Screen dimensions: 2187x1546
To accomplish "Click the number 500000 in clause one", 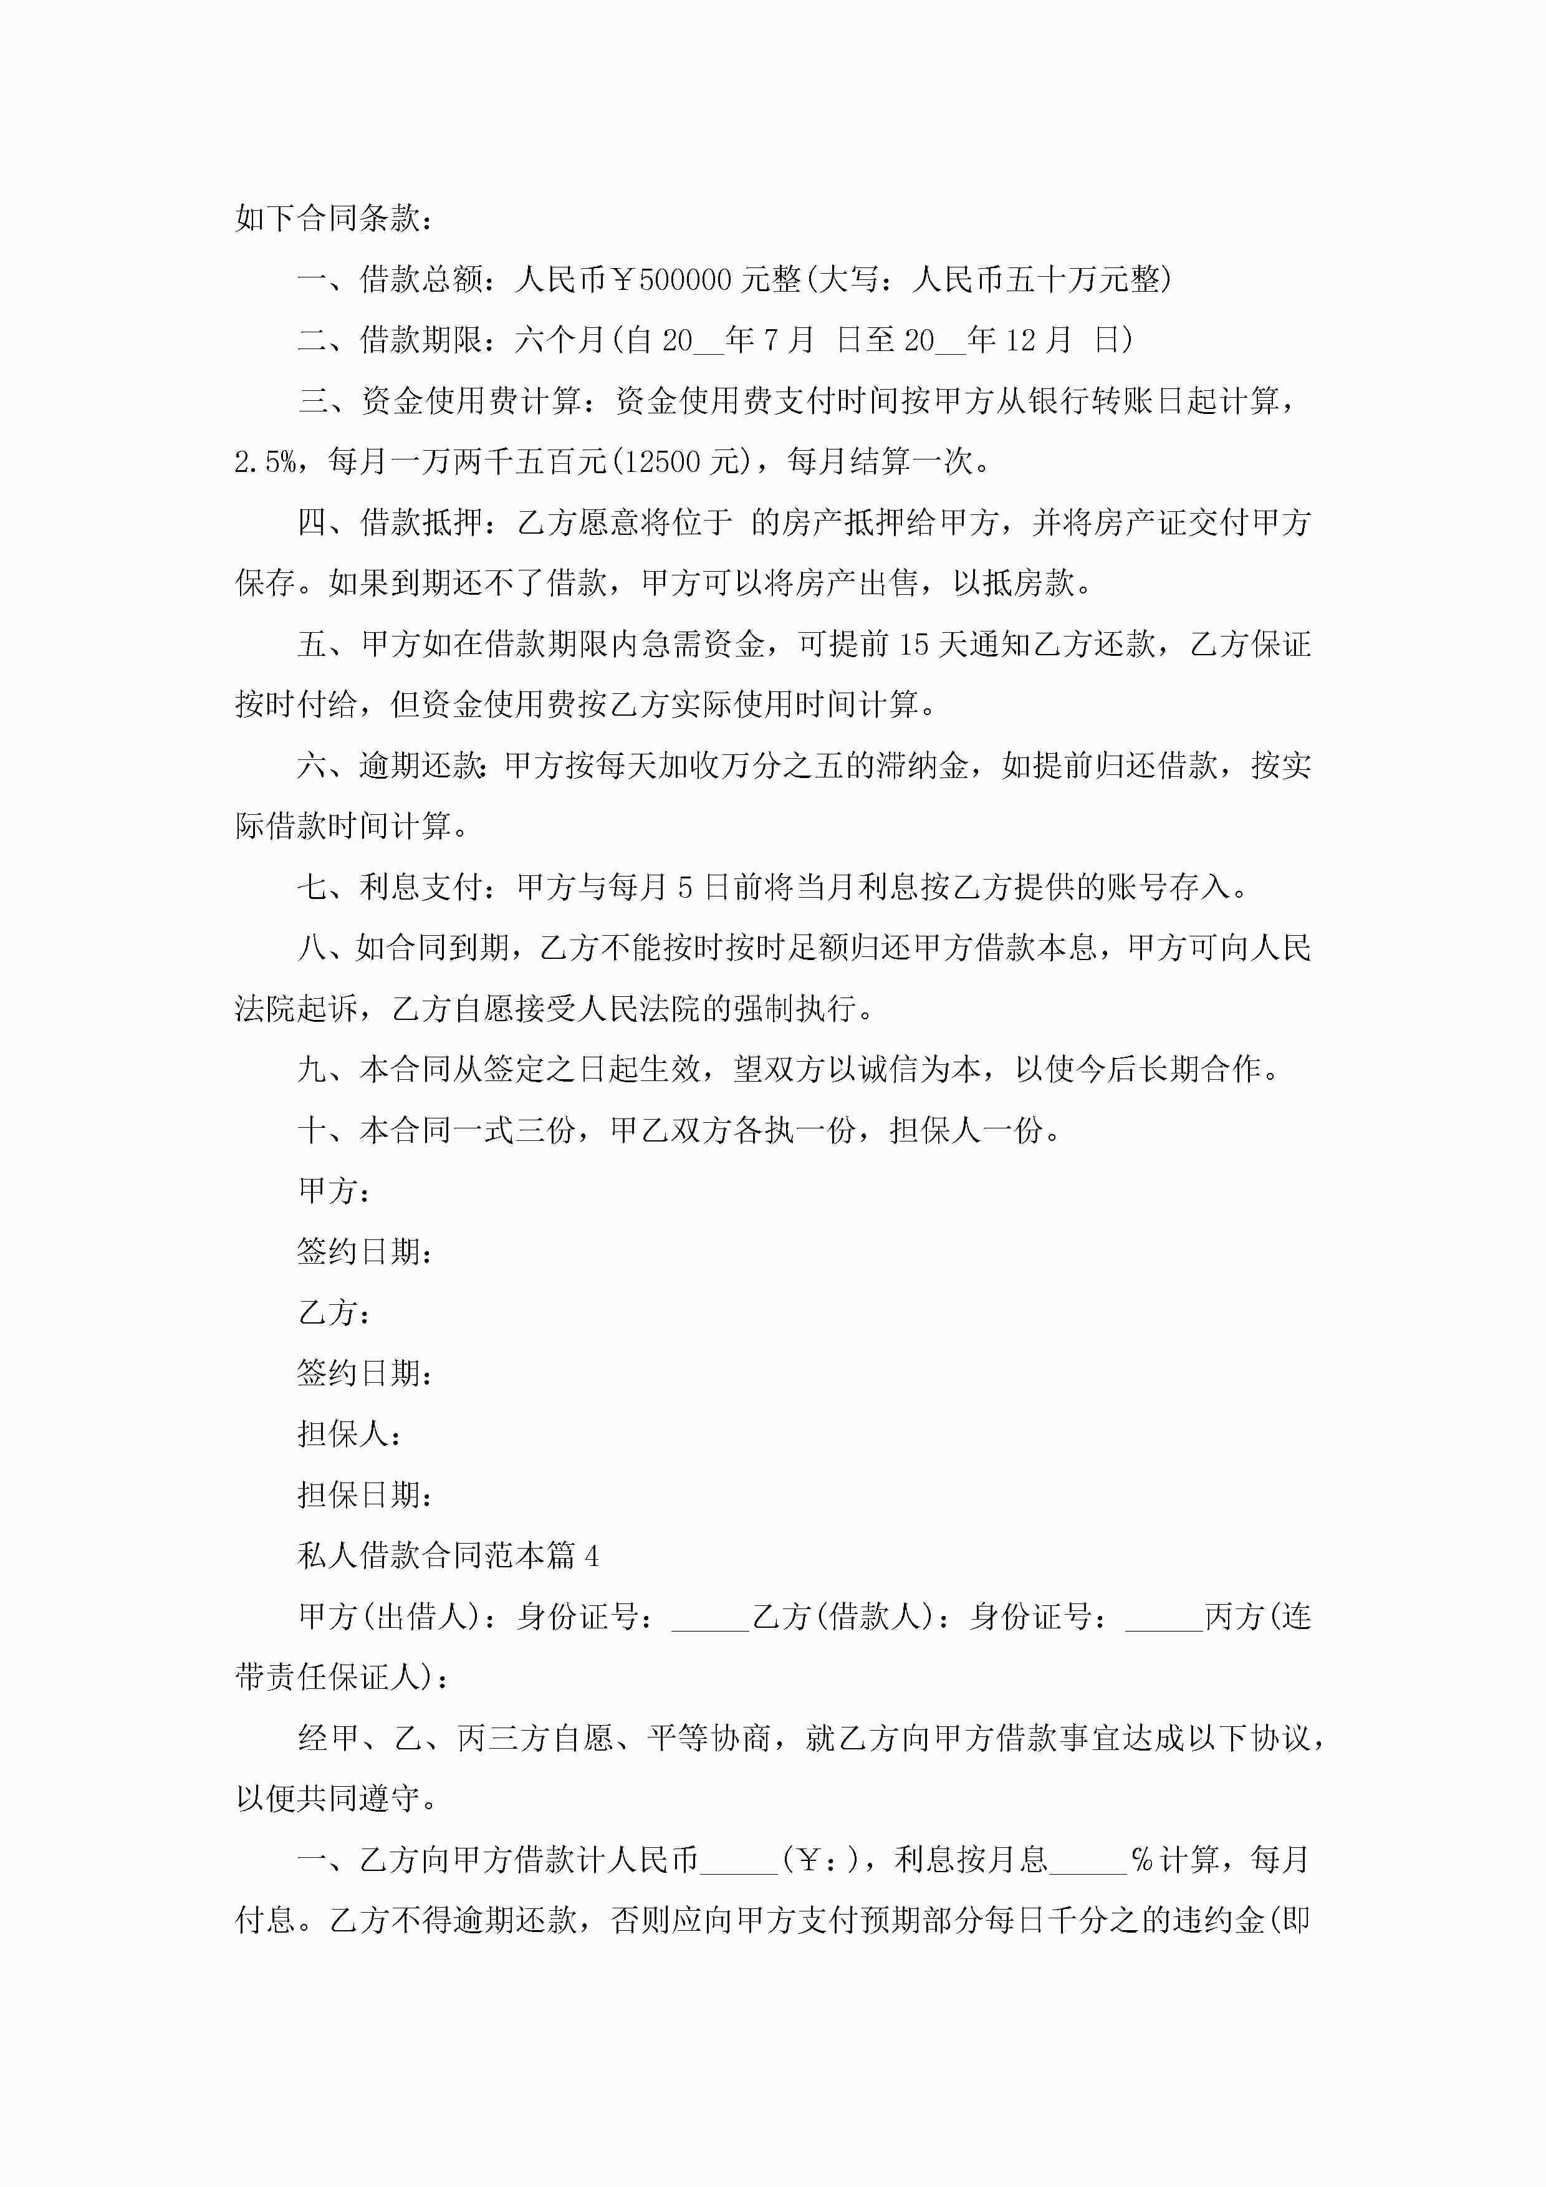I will point(685,280).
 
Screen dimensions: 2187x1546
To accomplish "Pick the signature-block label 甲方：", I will point(334,1191).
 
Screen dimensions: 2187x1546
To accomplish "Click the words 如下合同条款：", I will point(334,219).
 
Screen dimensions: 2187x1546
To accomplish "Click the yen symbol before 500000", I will point(623,280).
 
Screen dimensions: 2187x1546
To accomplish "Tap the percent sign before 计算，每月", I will point(1141,1860).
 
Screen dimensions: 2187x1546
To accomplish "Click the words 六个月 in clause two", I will point(560,340).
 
